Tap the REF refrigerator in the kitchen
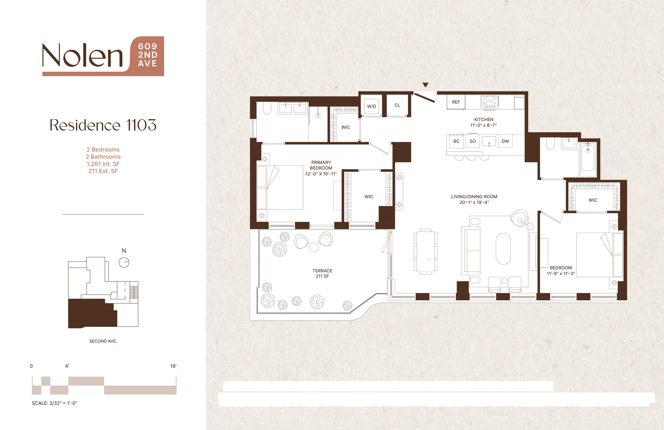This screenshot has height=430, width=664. click(456, 102)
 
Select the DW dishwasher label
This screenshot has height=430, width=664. click(505, 141)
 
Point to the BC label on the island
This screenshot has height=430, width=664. click(456, 141)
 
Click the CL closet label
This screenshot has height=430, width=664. click(397, 105)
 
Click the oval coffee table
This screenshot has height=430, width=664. click(503, 249)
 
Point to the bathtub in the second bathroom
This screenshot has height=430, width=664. click(588, 159)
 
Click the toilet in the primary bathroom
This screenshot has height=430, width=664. click(267, 108)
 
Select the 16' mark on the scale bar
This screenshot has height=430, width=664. click(173, 366)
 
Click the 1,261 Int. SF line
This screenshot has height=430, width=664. click(103, 164)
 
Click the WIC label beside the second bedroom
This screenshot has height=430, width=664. click(593, 200)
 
